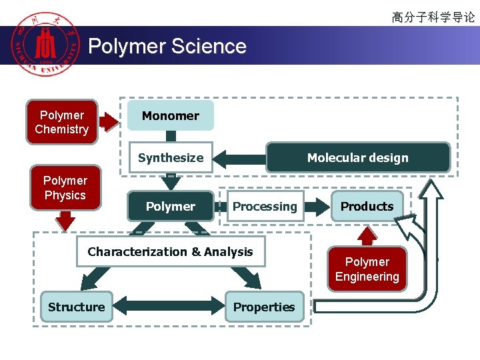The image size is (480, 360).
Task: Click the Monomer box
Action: coord(171,116)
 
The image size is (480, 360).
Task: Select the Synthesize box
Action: coord(171,158)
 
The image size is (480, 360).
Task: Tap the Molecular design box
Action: coord(358,158)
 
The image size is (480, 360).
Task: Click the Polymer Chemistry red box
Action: coord(61,122)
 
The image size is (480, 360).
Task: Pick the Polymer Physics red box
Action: coord(65,188)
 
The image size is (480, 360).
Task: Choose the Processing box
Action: coord(265,207)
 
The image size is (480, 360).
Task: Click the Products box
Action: coord(367,207)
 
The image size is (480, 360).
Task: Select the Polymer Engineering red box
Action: coord(367,269)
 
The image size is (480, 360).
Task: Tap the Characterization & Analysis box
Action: coord(170,252)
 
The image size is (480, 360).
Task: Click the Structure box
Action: coord(76,307)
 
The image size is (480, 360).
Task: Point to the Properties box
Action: coord(264,307)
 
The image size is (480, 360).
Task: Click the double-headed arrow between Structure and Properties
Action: coord(169,307)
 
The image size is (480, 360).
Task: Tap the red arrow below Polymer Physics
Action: coord(65,221)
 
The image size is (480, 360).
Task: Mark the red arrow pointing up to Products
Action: coord(367,235)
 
